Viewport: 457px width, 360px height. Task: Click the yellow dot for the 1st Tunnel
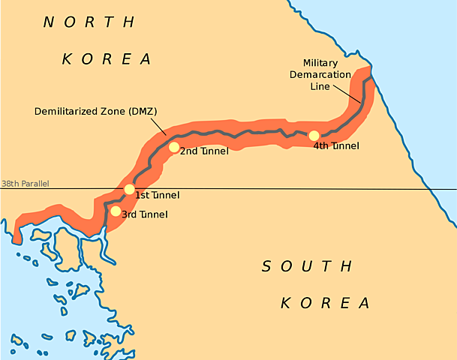[x=130, y=189]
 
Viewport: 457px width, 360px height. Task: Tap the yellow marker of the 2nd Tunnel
[x=174, y=148]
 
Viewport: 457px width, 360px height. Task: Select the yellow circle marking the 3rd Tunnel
[x=115, y=211]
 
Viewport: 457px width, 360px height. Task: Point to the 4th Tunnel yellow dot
[x=314, y=136]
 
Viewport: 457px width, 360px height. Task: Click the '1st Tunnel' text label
[x=157, y=196]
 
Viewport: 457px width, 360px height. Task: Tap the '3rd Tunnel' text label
[x=144, y=215]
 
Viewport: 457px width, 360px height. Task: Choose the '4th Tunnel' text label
[x=336, y=146]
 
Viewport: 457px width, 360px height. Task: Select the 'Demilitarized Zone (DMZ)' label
[x=96, y=112]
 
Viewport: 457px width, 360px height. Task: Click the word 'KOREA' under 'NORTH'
[x=107, y=58]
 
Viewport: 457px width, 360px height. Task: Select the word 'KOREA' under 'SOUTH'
[x=326, y=303]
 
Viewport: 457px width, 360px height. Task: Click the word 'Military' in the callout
[x=320, y=63]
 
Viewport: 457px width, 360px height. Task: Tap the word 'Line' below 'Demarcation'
[x=320, y=87]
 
